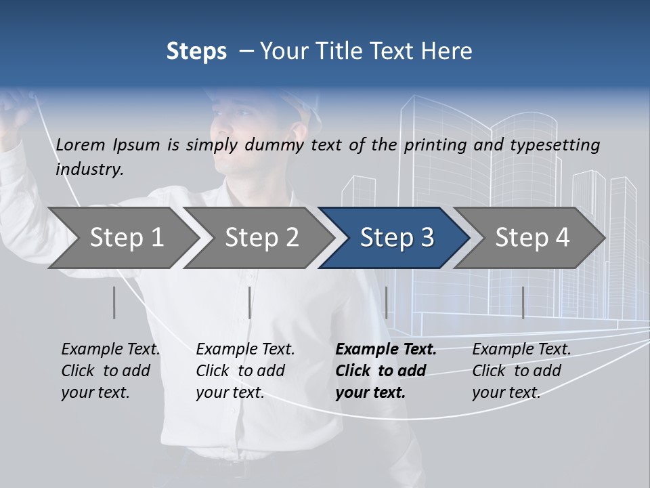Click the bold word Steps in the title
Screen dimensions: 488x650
pyautogui.click(x=196, y=52)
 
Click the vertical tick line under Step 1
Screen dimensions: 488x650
pyautogui.click(x=114, y=302)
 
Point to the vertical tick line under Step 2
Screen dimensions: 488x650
pyautogui.click(x=250, y=302)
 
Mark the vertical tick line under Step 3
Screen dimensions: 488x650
pyautogui.click(x=387, y=302)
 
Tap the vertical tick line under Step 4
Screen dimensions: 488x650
pyautogui.click(x=523, y=302)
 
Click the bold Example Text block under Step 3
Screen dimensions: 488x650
pyautogui.click(x=386, y=371)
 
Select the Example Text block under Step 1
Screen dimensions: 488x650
pyautogui.click(x=110, y=371)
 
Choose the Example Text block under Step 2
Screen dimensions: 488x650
pyautogui.click(x=245, y=371)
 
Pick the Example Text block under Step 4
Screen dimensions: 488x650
pyautogui.click(x=521, y=371)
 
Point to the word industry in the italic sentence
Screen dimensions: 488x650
pyautogui.click(x=89, y=169)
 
